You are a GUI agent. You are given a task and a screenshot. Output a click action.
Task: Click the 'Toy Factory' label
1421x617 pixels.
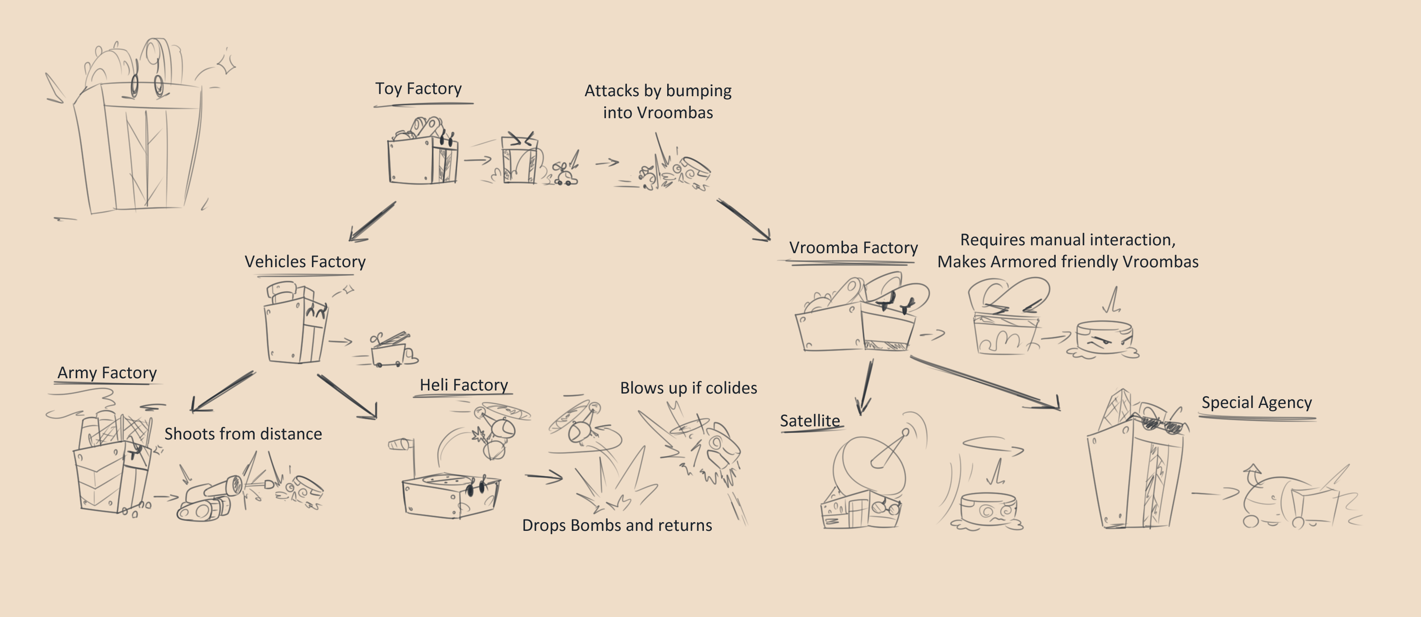[418, 88]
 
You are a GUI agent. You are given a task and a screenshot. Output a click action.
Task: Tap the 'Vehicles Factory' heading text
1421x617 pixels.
[304, 261]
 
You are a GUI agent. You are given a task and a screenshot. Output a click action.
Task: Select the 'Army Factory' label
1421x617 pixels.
[107, 373]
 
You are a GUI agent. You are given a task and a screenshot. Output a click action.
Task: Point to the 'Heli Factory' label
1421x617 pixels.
[463, 385]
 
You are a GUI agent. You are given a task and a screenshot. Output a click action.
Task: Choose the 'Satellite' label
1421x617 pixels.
[809, 421]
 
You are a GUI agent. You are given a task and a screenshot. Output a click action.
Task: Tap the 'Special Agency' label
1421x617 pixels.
[1256, 402]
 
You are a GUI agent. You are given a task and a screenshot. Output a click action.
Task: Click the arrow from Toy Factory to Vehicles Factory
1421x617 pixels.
[372, 222]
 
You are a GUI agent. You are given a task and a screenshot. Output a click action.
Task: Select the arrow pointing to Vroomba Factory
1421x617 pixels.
[744, 220]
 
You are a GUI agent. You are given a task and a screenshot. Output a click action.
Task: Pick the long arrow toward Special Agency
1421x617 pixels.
[985, 383]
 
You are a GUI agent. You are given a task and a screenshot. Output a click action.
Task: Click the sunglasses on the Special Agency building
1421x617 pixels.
[1163, 425]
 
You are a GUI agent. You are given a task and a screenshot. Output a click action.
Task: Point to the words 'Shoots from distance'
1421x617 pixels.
[243, 434]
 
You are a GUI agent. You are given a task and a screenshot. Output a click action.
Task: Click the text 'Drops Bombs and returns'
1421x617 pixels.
[617, 525]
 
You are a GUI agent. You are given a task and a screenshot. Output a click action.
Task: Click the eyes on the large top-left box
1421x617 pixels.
[146, 85]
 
